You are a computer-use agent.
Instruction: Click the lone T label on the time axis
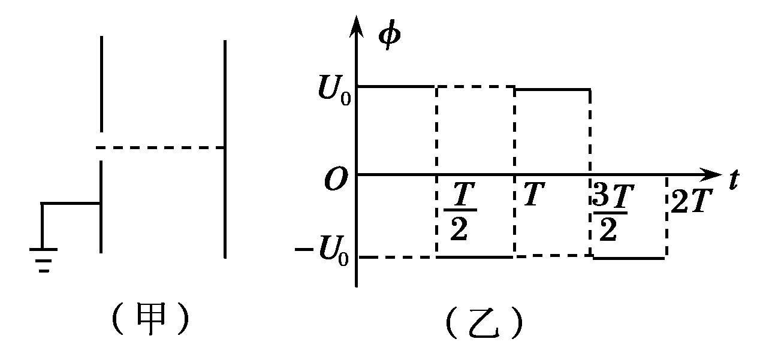coord(533,195)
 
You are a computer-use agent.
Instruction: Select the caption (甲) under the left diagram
coord(150,322)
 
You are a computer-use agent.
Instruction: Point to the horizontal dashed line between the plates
coord(162,147)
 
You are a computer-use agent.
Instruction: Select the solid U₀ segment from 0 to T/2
coord(396,87)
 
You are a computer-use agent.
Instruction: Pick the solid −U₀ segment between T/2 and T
coord(475,257)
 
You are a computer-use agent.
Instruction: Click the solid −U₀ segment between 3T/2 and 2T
coord(629,258)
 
